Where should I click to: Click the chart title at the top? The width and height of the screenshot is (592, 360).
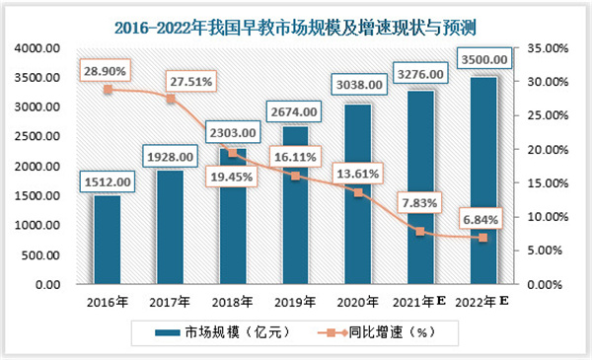coord(295,19)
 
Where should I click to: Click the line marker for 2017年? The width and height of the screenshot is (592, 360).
coord(170,99)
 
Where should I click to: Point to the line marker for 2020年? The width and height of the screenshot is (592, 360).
coord(357,192)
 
